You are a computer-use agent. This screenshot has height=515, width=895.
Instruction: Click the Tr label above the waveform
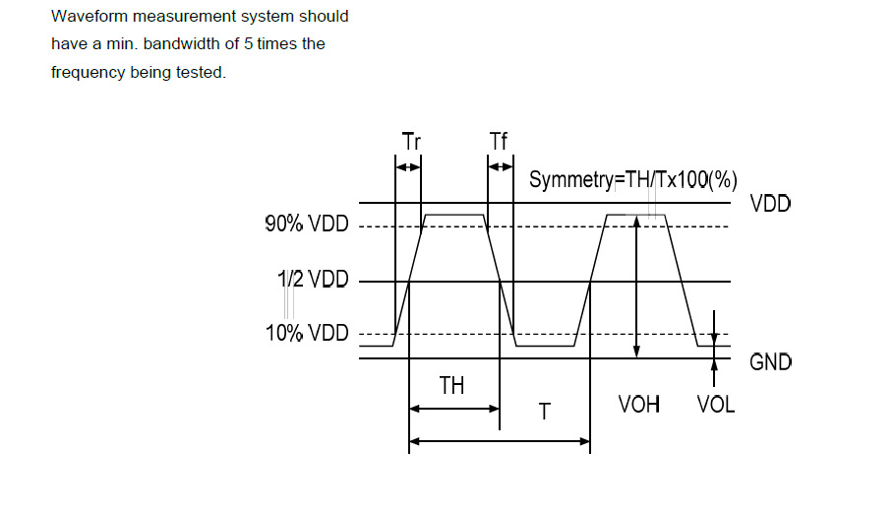[412, 142]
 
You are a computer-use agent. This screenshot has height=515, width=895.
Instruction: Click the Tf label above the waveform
[499, 142]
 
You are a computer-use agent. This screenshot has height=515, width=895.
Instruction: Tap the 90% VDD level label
[307, 225]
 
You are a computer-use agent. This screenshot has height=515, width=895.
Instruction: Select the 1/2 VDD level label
[313, 280]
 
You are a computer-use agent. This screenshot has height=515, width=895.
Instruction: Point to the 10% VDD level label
[307, 333]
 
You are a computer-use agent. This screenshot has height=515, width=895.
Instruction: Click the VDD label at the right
[770, 205]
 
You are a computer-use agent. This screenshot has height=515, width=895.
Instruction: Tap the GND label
[770, 361]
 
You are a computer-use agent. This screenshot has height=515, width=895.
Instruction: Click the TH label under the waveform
[451, 385]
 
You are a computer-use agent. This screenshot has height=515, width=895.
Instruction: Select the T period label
[544, 412]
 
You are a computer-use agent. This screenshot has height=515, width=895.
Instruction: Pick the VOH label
[639, 404]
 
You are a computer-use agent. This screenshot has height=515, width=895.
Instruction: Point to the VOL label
[715, 404]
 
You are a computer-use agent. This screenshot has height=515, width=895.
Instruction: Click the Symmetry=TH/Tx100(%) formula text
[633, 181]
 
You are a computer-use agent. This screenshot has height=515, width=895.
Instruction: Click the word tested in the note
[201, 72]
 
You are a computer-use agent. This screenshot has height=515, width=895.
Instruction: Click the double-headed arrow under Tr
[407, 167]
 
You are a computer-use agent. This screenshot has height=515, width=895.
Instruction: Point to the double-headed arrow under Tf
[501, 167]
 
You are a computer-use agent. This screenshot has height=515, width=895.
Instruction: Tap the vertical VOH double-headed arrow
[637, 286]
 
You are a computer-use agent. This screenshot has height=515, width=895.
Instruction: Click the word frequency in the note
[89, 72]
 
